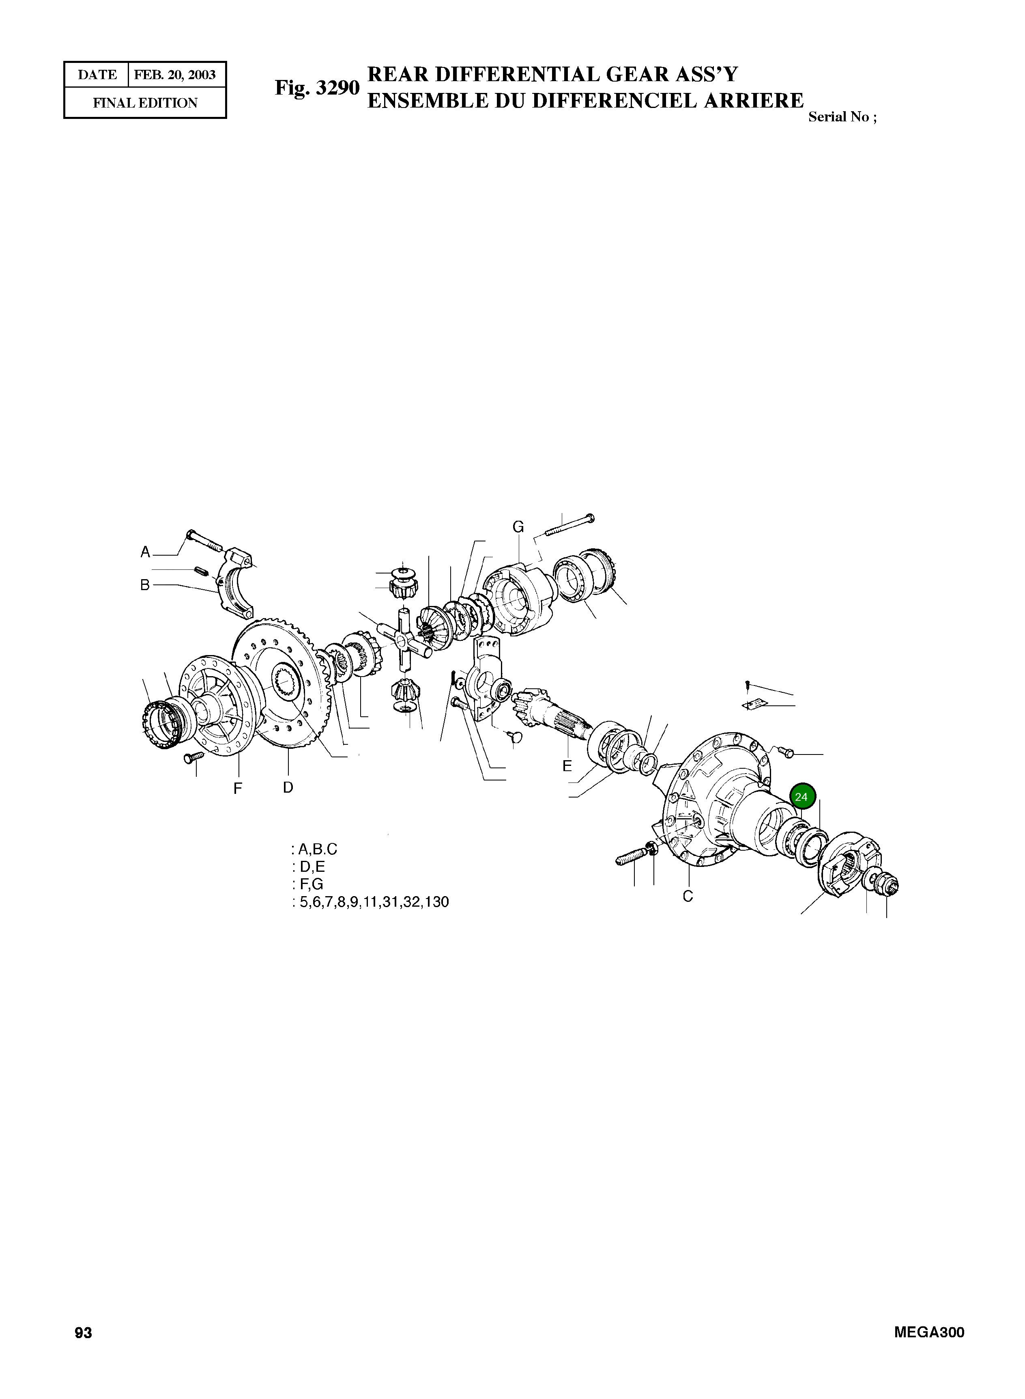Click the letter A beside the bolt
coord(145,552)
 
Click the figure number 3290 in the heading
coord(337,88)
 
